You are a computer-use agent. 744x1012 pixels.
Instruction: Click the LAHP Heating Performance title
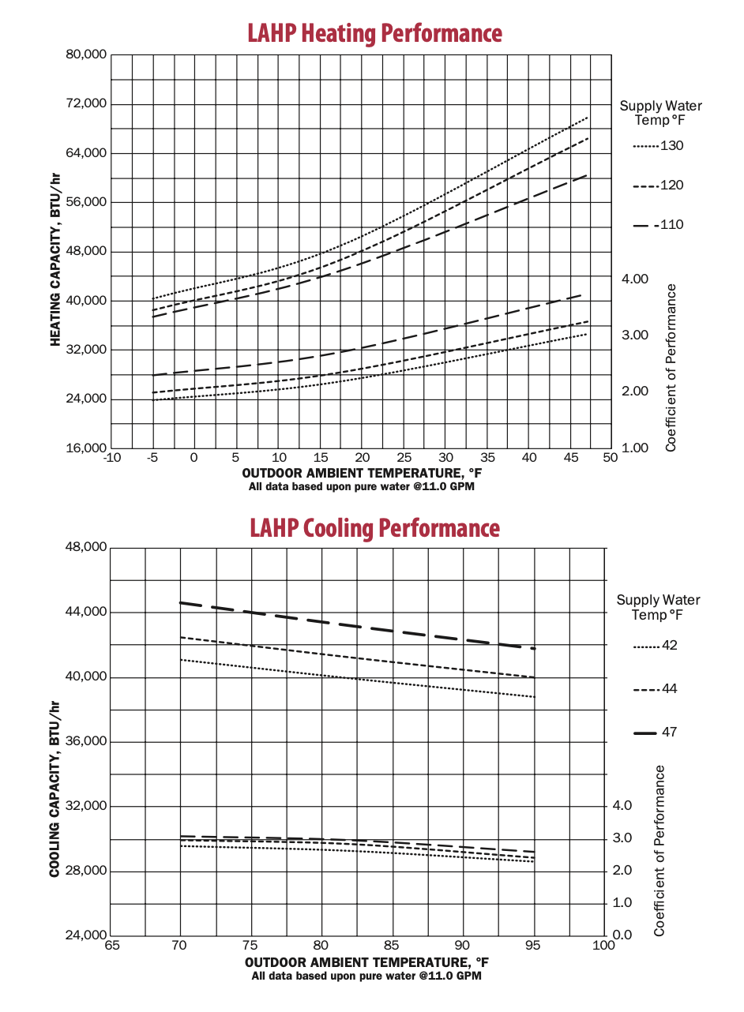pos(374,33)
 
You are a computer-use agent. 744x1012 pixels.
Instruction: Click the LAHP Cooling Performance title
pos(374,527)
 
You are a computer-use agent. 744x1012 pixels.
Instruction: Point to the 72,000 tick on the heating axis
pos(84,104)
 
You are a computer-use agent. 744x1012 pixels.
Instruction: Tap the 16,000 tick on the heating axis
pos(84,448)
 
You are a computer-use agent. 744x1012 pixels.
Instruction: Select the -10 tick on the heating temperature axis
pos(111,458)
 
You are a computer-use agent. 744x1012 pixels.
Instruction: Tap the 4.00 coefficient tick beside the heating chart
pos(635,279)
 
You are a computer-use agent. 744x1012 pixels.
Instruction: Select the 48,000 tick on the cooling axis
pos(84,548)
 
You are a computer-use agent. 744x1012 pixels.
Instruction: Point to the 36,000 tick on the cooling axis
pos(84,742)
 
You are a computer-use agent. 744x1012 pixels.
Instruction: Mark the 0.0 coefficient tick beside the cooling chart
pos(623,935)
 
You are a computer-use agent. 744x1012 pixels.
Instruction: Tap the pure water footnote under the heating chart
pos(362,487)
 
